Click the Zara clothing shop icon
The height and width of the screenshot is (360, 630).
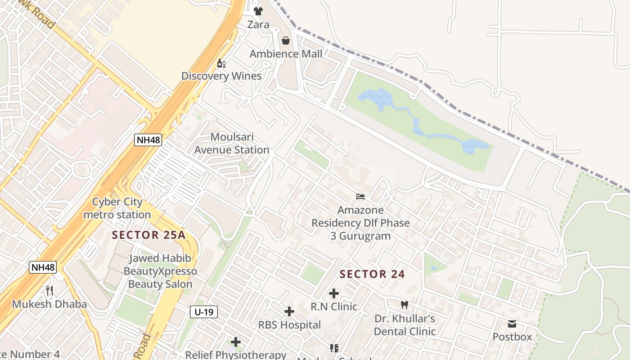[258, 11]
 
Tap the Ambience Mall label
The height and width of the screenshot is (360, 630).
[286, 54]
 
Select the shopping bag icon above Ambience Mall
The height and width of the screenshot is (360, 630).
[286, 40]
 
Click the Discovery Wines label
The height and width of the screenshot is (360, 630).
[221, 76]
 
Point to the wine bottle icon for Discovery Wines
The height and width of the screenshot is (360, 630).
[221, 63]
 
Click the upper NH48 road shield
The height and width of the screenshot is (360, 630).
[148, 139]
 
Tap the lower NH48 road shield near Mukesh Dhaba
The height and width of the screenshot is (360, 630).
[43, 267]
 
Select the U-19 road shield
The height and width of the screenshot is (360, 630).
[204, 311]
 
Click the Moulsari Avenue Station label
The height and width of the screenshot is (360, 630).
[232, 143]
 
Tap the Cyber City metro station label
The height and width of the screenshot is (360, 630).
[117, 208]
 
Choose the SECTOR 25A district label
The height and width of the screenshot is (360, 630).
[148, 235]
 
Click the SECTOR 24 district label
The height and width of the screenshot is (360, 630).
[372, 274]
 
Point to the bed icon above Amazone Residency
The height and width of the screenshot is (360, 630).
[360, 197]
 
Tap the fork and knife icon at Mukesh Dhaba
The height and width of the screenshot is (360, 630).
[49, 291]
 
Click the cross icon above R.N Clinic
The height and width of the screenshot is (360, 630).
[333, 293]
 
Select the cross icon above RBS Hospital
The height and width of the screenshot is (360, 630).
[289, 311]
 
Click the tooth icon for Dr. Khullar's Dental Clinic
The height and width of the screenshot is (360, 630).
[404, 305]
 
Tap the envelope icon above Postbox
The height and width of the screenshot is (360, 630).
[512, 324]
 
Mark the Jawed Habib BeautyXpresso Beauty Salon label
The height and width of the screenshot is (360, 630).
[160, 271]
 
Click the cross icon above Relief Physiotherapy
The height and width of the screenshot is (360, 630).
[236, 342]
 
